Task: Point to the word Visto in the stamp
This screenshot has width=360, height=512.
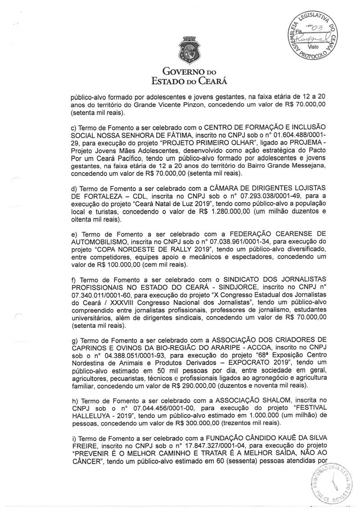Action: pos(313,47)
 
